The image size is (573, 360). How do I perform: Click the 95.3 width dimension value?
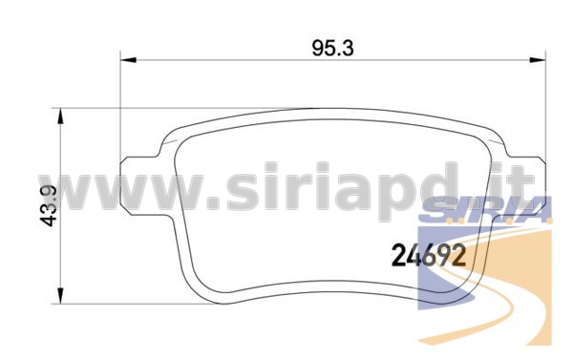[333, 49]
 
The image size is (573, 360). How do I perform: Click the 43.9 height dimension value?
[49, 205]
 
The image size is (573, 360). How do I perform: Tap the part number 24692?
[429, 256]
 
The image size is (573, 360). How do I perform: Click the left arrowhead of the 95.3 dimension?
[128, 60]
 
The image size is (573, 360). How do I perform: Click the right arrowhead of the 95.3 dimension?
[538, 60]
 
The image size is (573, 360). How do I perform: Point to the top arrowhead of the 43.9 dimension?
[61, 116]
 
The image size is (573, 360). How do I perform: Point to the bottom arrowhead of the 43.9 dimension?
[61, 296]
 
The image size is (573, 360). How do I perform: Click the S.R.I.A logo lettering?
[485, 210]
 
